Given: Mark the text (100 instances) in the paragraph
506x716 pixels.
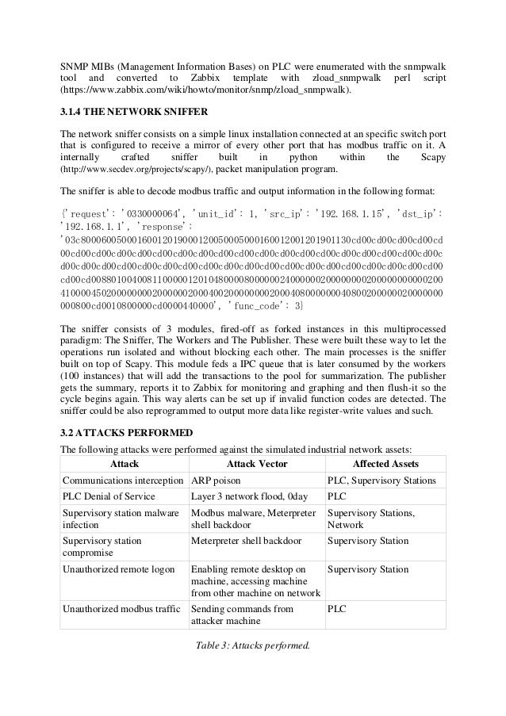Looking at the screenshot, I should point(95,373).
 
